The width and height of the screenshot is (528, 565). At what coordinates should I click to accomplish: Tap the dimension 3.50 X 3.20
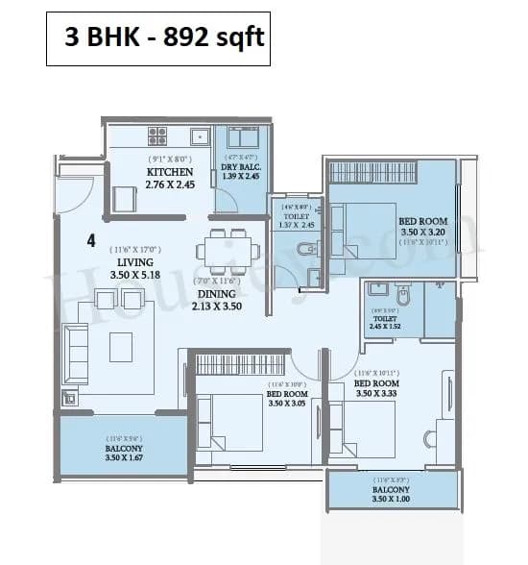click(423, 233)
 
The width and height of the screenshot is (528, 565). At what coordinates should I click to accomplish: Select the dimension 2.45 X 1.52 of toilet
click(383, 327)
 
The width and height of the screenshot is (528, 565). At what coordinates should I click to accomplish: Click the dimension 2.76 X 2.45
click(169, 184)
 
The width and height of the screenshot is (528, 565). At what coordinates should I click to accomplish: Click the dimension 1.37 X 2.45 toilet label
click(294, 225)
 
